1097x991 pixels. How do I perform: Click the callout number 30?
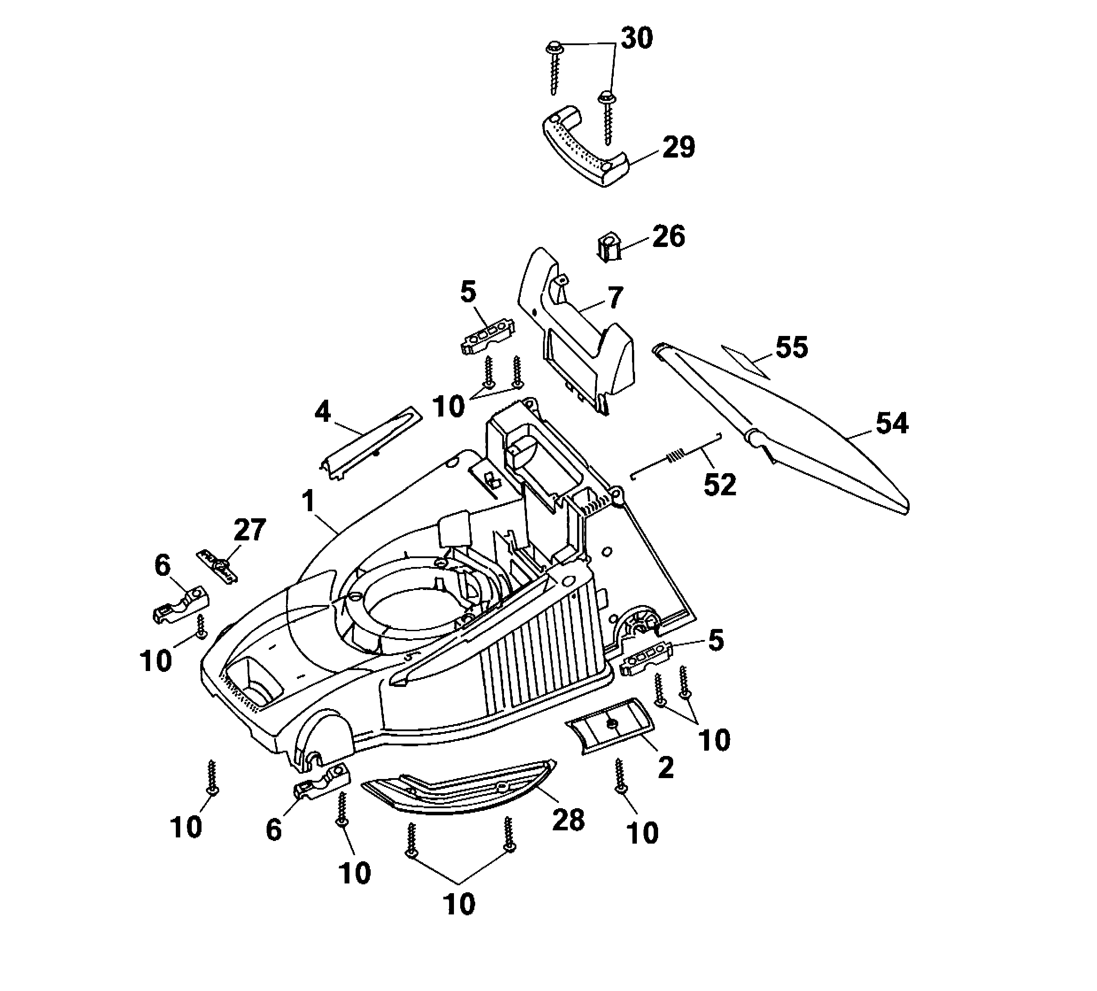[637, 39]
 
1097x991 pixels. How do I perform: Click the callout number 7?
[614, 298]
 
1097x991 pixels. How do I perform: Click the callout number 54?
[892, 423]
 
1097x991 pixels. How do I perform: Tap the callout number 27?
[250, 529]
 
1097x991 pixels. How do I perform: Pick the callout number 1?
[309, 501]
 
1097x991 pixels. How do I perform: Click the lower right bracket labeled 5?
[647, 659]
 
